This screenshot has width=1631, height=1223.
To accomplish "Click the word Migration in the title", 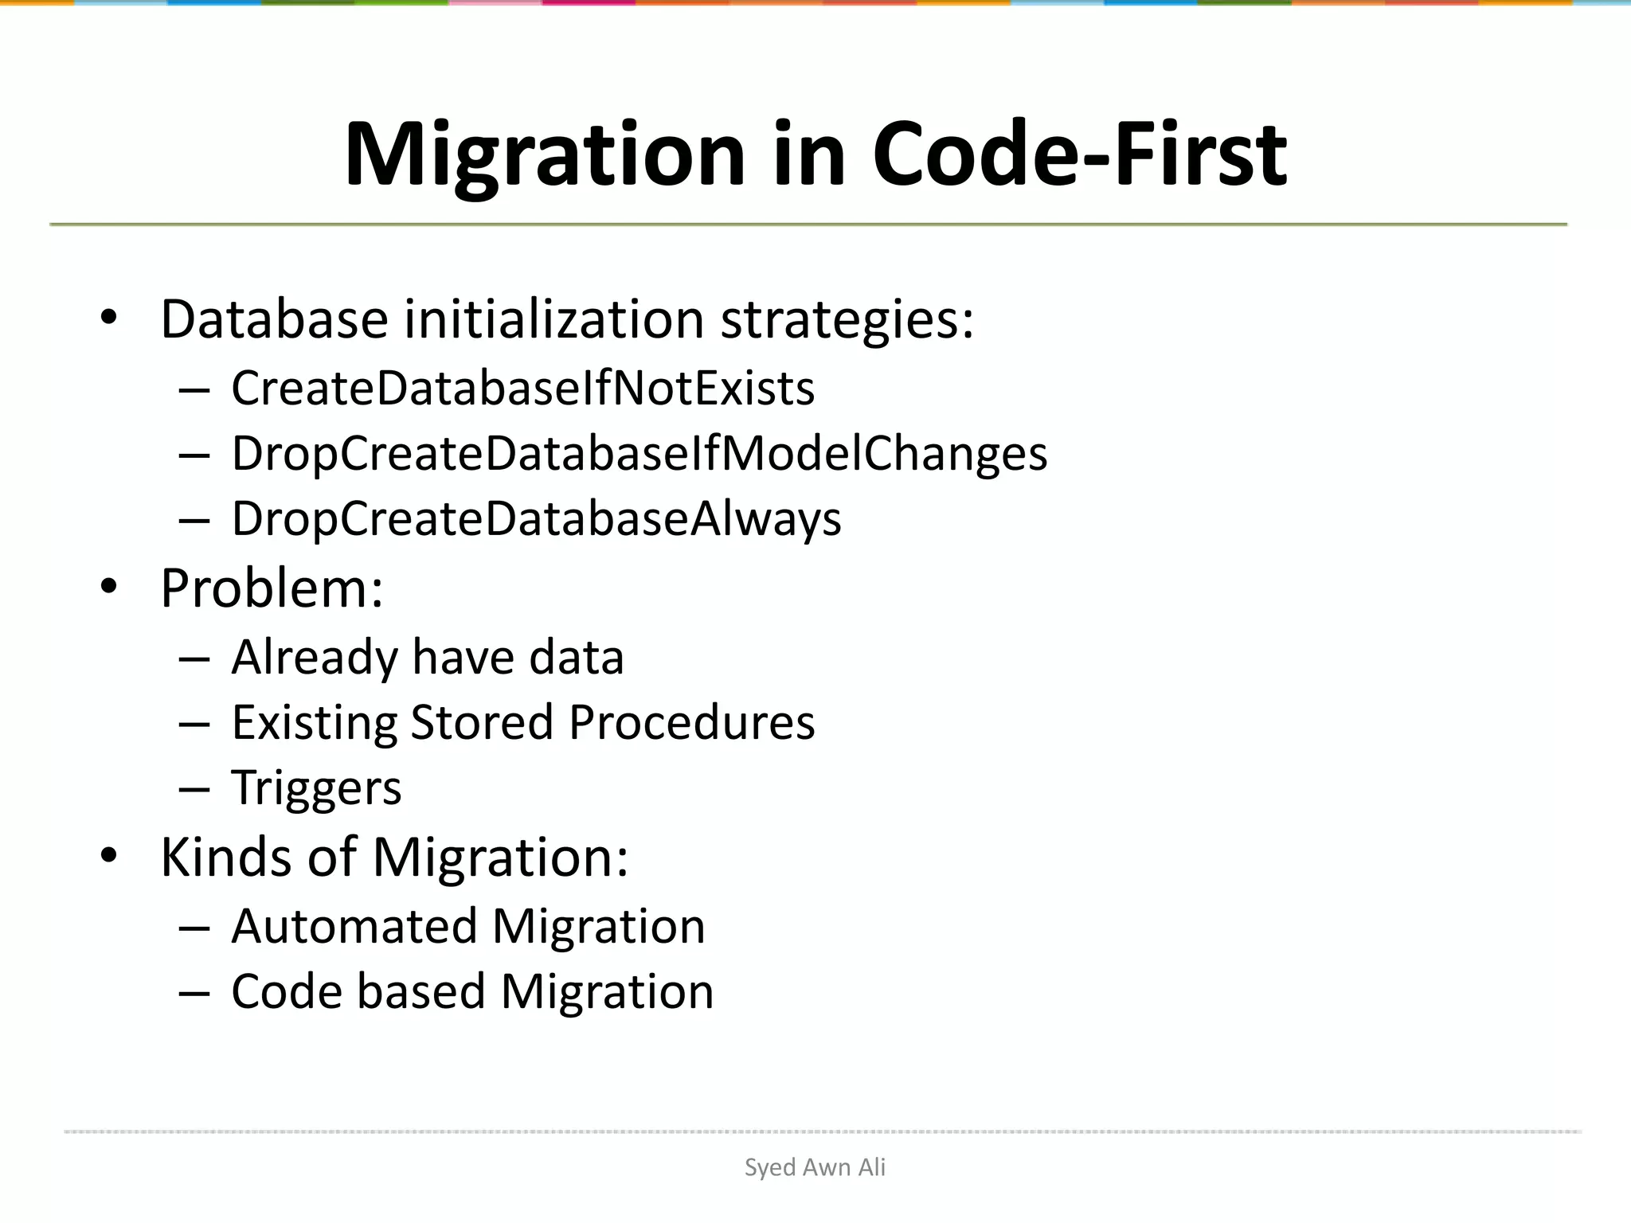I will tap(545, 154).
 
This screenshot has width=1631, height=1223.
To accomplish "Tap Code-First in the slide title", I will tap(1079, 154).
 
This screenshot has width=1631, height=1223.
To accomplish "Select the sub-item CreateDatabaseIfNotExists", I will tap(522, 389).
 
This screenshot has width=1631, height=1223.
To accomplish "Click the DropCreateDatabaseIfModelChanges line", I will tap(639, 454).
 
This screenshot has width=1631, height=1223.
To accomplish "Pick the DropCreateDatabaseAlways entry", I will tap(536, 519).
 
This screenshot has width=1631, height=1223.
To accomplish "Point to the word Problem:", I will tap(272, 588).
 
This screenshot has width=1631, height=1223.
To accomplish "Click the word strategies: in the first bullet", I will tap(847, 319).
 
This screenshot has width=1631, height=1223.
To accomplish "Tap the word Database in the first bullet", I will tap(274, 319).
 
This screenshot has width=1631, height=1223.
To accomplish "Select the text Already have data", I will tap(427, 658).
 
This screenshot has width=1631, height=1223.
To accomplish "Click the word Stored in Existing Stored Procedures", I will tap(481, 723).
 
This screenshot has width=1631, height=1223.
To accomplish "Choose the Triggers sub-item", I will tap(316, 788).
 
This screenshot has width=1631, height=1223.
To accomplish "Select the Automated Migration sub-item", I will tap(468, 927).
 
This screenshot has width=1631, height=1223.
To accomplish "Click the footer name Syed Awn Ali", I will tap(815, 1167).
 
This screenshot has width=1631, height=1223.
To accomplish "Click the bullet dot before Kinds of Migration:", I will tap(109, 857).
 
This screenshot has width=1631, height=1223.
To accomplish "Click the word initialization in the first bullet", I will tap(554, 319).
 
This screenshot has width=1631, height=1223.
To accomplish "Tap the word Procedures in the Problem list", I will tap(691, 723).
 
